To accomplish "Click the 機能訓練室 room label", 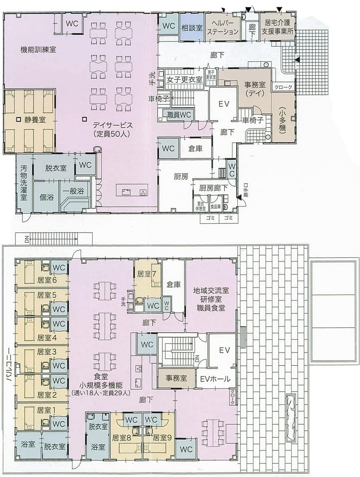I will point(38,50).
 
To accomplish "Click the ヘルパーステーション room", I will point(223,27).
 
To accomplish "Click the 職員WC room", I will point(181,114).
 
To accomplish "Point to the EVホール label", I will point(215,379).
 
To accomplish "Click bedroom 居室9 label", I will point(162,437).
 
